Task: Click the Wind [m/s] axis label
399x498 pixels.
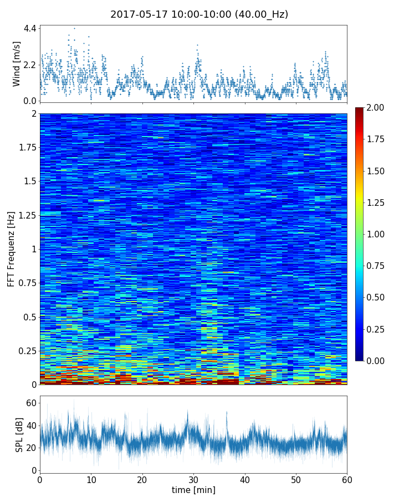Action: click(x=17, y=64)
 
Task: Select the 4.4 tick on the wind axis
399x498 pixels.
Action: click(x=30, y=28)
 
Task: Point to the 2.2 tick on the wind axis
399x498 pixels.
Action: click(x=30, y=65)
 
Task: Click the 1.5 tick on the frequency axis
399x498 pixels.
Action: click(x=30, y=181)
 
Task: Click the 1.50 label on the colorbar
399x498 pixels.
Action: click(x=376, y=171)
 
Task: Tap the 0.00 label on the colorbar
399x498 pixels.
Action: click(x=376, y=361)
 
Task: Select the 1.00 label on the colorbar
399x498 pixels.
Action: click(x=376, y=234)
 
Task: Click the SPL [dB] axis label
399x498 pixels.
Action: click(x=19, y=434)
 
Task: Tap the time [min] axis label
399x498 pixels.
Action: click(x=193, y=490)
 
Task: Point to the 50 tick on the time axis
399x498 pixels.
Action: click(x=296, y=479)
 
